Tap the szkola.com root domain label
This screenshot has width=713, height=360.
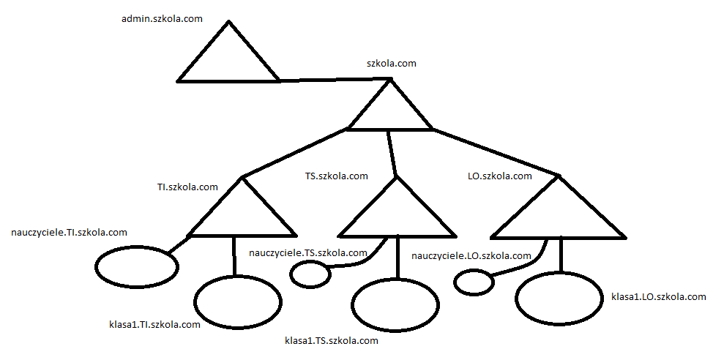pyautogui.click(x=391, y=64)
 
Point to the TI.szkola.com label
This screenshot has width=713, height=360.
pyautogui.click(x=187, y=187)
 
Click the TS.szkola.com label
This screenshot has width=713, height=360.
pyautogui.click(x=336, y=176)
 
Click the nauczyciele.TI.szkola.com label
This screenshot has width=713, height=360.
pyautogui.click(x=70, y=233)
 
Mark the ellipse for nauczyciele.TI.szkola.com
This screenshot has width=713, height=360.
pyautogui.click(x=137, y=267)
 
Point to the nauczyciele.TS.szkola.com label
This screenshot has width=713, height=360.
pyautogui.click(x=307, y=253)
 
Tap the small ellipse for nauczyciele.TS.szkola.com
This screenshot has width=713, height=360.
pyautogui.click(x=310, y=275)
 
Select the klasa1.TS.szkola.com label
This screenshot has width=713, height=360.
pyautogui.click(x=331, y=341)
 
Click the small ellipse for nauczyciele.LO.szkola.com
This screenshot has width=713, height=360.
pyautogui.click(x=474, y=281)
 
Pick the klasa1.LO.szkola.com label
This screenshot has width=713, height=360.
pyautogui.click(x=658, y=296)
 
